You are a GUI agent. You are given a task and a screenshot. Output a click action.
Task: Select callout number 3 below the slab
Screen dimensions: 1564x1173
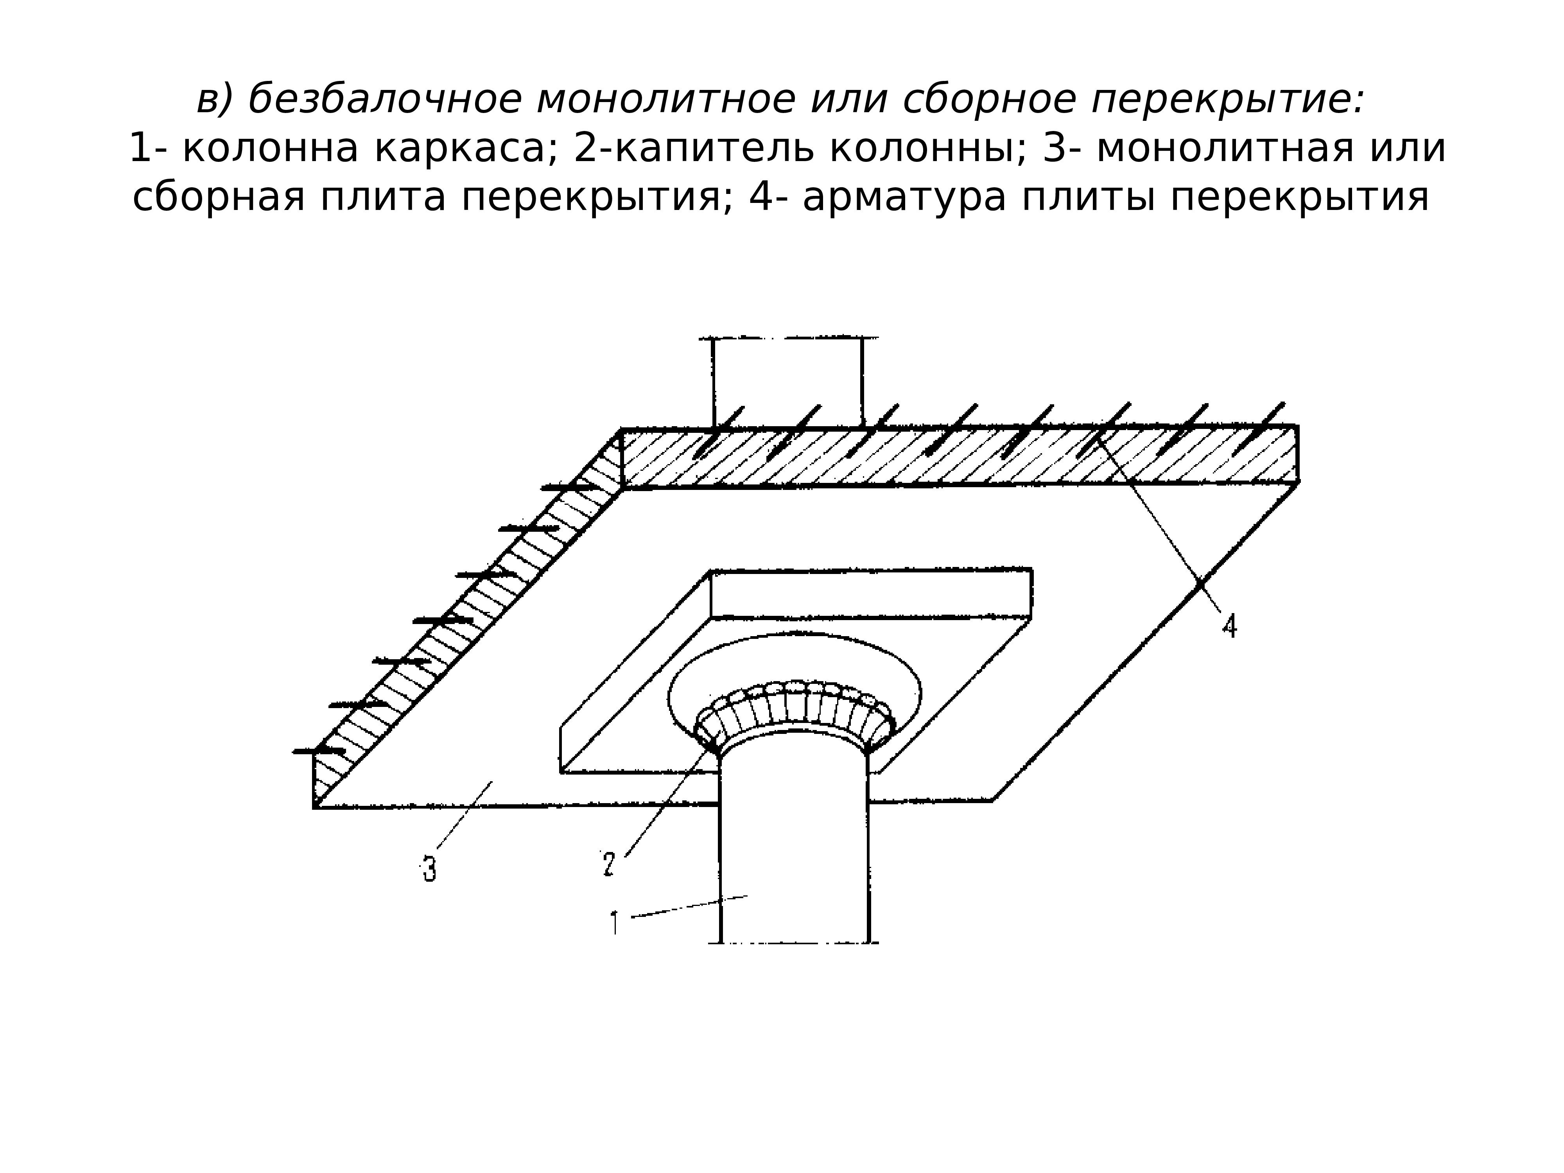[429, 869]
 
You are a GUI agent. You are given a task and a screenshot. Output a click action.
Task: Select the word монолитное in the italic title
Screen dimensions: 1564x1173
[665, 99]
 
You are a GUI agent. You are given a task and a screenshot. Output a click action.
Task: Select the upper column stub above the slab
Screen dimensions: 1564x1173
[787, 382]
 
